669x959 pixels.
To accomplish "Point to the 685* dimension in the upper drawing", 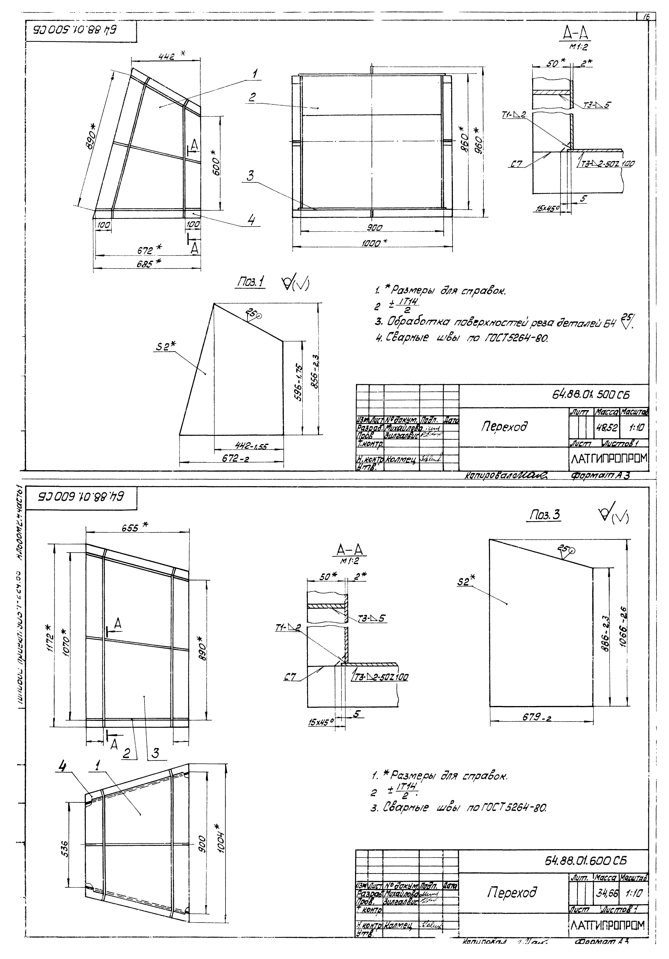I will pyautogui.click(x=149, y=264).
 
